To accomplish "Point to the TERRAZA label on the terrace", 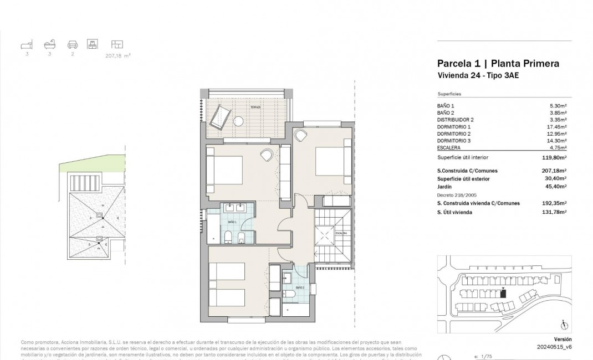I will pos(255,107).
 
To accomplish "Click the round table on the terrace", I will pos(240,120).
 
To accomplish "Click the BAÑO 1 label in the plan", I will pos(231,222).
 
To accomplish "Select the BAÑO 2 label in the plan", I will pos(299,288).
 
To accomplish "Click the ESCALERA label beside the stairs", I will pos(340,233).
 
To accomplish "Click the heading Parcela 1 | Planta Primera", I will pos(498,64).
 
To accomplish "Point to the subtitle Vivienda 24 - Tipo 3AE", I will pos(478,76).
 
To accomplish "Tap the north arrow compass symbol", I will pos(563,325).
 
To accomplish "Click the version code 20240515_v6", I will pos(554,347).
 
